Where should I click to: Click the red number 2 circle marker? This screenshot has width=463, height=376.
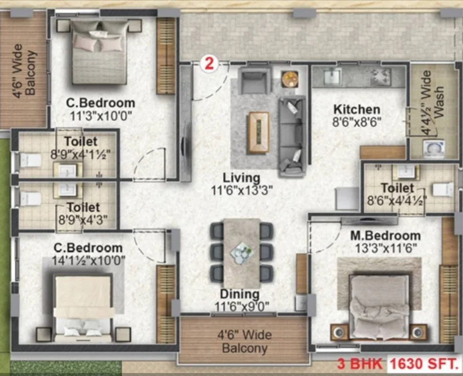pyautogui.click(x=209, y=63)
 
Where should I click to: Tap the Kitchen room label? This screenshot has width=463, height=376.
pyautogui.click(x=357, y=109)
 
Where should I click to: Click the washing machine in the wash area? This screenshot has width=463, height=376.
pyautogui.click(x=434, y=148)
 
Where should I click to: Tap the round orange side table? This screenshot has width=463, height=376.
pyautogui.click(x=290, y=79)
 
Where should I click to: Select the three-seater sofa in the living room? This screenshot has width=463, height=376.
pyautogui.click(x=292, y=136)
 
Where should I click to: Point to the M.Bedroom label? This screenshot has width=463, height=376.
pyautogui.click(x=385, y=236)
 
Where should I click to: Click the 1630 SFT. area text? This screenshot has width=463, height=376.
pyautogui.click(x=424, y=364)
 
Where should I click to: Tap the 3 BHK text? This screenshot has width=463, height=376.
pyautogui.click(x=360, y=364)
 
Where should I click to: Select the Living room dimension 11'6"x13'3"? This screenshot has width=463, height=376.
pyautogui.click(x=242, y=191)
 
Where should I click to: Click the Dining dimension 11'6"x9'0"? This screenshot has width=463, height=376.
pyautogui.click(x=242, y=306)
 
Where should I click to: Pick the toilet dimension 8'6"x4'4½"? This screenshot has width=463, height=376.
pyautogui.click(x=397, y=201)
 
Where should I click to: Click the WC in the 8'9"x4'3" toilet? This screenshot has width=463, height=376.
pyautogui.click(x=29, y=199)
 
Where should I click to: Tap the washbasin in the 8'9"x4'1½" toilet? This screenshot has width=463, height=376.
pyautogui.click(x=67, y=171)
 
